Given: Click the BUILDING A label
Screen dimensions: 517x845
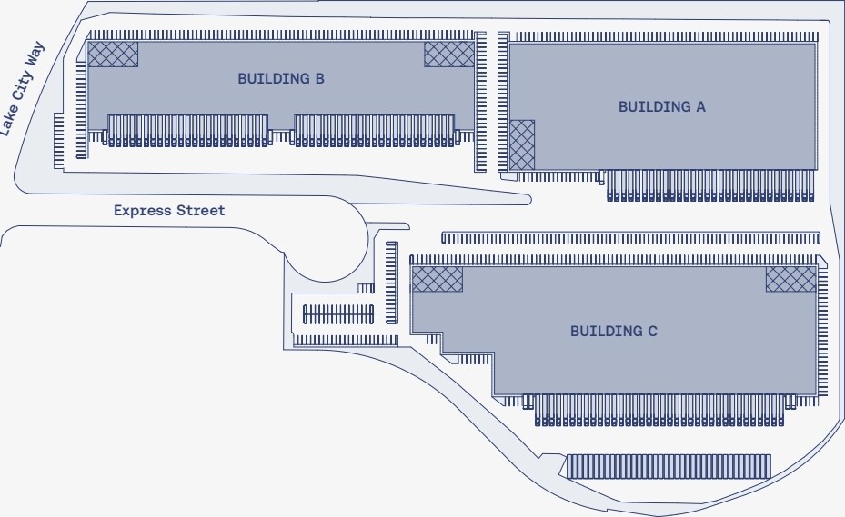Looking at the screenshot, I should pyautogui.click(x=661, y=106).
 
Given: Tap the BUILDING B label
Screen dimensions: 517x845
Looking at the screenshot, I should pyautogui.click(x=281, y=79).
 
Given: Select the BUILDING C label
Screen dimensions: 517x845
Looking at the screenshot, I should pyautogui.click(x=613, y=331).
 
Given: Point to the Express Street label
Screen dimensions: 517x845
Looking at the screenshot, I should pyautogui.click(x=168, y=211).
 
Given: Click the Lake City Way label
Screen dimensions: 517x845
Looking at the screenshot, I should pyautogui.click(x=22, y=100).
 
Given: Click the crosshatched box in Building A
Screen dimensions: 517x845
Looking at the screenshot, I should pyautogui.click(x=522, y=144).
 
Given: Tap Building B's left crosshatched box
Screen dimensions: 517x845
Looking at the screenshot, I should pyautogui.click(x=113, y=54).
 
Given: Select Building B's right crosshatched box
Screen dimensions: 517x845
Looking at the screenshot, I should pyautogui.click(x=449, y=54).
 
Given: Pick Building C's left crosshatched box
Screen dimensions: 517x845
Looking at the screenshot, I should pyautogui.click(x=438, y=279).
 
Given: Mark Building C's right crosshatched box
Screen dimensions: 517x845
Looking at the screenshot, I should pyautogui.click(x=790, y=279).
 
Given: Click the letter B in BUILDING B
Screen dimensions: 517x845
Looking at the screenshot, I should pyautogui.click(x=319, y=79).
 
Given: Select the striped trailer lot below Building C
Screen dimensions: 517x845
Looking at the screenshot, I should pyautogui.click(x=669, y=466).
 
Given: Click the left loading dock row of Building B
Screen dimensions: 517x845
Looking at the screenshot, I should pyautogui.click(x=188, y=130).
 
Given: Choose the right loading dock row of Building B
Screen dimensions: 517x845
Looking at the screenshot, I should pyautogui.click(x=375, y=130).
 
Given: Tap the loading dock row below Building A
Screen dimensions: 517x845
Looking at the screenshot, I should pyautogui.click(x=710, y=185).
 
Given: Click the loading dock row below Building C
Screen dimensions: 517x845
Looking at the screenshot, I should pyautogui.click(x=659, y=410).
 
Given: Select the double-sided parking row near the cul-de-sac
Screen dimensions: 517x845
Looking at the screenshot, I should pyautogui.click(x=338, y=314).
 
